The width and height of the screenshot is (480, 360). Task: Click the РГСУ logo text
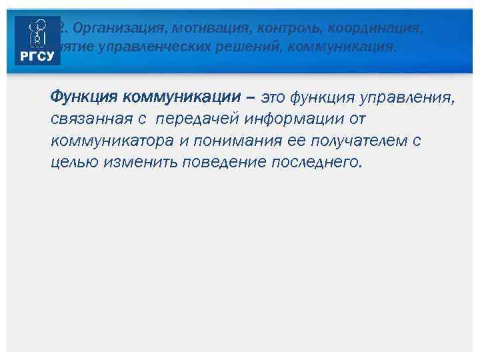pos(37,56)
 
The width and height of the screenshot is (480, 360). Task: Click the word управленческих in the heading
pos(144,47)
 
